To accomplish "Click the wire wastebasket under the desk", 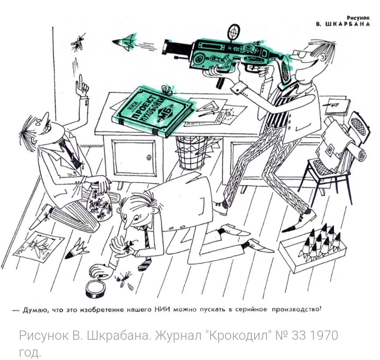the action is point(191,153).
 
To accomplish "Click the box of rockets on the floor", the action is point(313,250).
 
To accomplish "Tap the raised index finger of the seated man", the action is point(81,81).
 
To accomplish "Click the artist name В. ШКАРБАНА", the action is point(343,24).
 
